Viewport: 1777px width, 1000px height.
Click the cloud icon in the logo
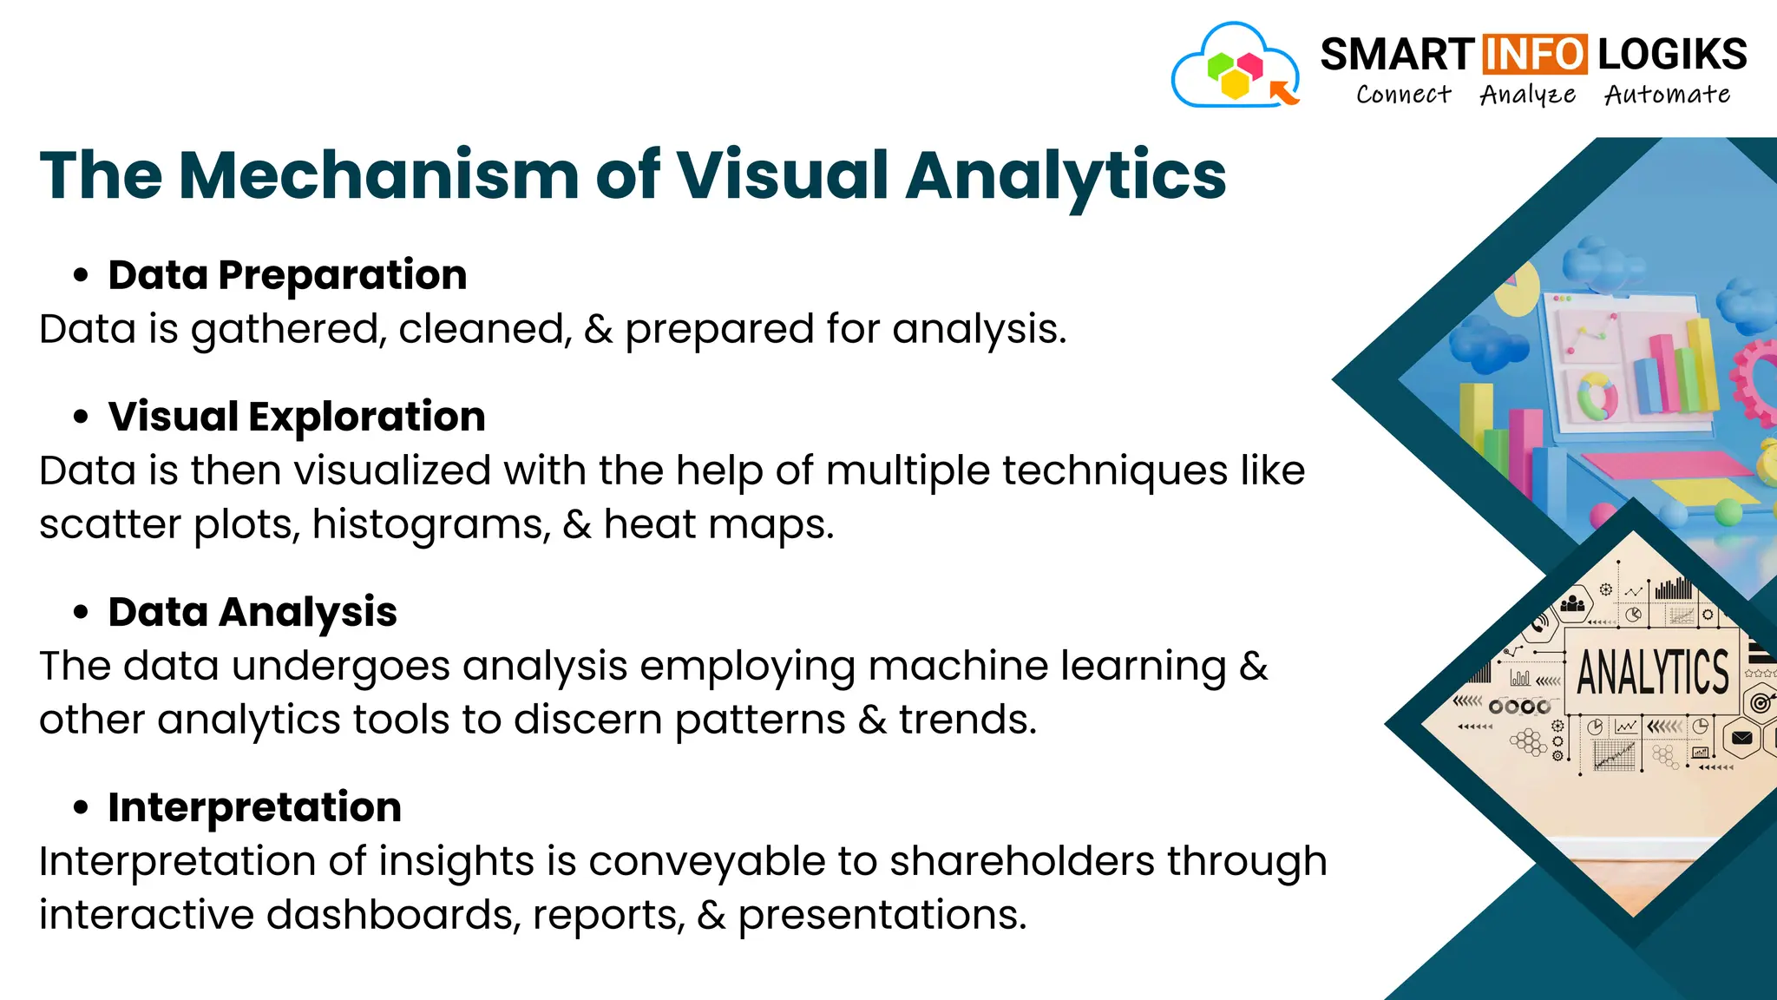tap(1235, 68)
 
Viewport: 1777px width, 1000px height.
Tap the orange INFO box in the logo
tap(1535, 54)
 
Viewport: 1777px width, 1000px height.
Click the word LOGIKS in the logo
tap(1672, 54)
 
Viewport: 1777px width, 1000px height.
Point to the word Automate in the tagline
tap(1667, 94)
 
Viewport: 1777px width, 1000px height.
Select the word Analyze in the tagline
tap(1527, 95)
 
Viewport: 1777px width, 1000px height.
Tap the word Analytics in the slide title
tap(1066, 175)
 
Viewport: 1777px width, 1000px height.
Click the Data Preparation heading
tap(287, 275)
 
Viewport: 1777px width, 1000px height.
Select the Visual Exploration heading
tap(297, 417)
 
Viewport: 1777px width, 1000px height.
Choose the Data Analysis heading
tap(252, 612)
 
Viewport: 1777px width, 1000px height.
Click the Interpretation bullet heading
tap(254, 807)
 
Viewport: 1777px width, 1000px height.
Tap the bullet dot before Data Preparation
tap(81, 276)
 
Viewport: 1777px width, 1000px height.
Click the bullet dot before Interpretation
tap(81, 808)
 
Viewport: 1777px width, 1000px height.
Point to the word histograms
tap(431, 524)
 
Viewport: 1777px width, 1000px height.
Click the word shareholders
tap(1021, 861)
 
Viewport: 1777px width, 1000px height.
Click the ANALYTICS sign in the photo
tap(1652, 673)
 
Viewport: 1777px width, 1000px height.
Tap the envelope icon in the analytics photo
tap(1741, 739)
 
